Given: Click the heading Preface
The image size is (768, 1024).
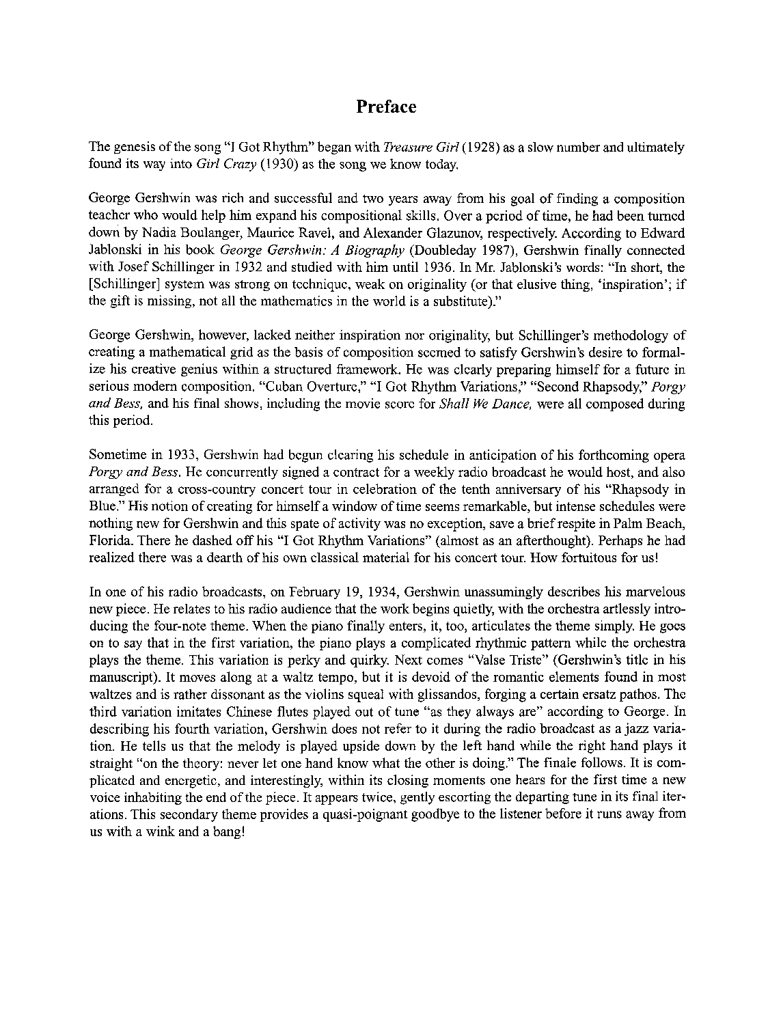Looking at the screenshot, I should click(386, 107).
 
